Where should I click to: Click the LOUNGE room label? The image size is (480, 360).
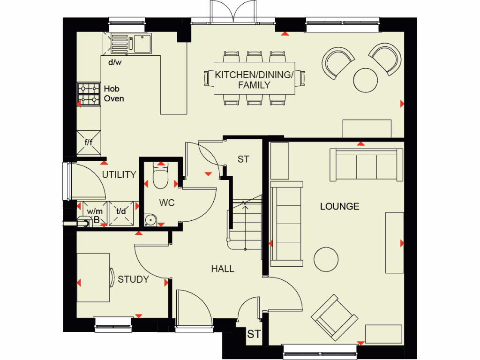(339, 206)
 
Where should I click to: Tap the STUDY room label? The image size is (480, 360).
(133, 280)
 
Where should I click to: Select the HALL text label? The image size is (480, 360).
(222, 269)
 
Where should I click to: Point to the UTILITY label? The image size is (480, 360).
(120, 175)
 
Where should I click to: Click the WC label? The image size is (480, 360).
(166, 203)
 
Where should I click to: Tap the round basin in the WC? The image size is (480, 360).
(151, 219)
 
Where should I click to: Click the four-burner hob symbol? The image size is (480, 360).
(89, 94)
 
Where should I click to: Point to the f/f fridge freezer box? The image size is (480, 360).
(89, 142)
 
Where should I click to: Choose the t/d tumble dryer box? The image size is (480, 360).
(121, 211)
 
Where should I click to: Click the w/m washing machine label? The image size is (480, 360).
(95, 211)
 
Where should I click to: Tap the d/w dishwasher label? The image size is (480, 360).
(114, 62)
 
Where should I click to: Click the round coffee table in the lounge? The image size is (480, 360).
(326, 259)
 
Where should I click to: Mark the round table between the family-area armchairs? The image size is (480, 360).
(365, 80)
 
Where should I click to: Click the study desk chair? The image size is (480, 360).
(112, 277)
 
